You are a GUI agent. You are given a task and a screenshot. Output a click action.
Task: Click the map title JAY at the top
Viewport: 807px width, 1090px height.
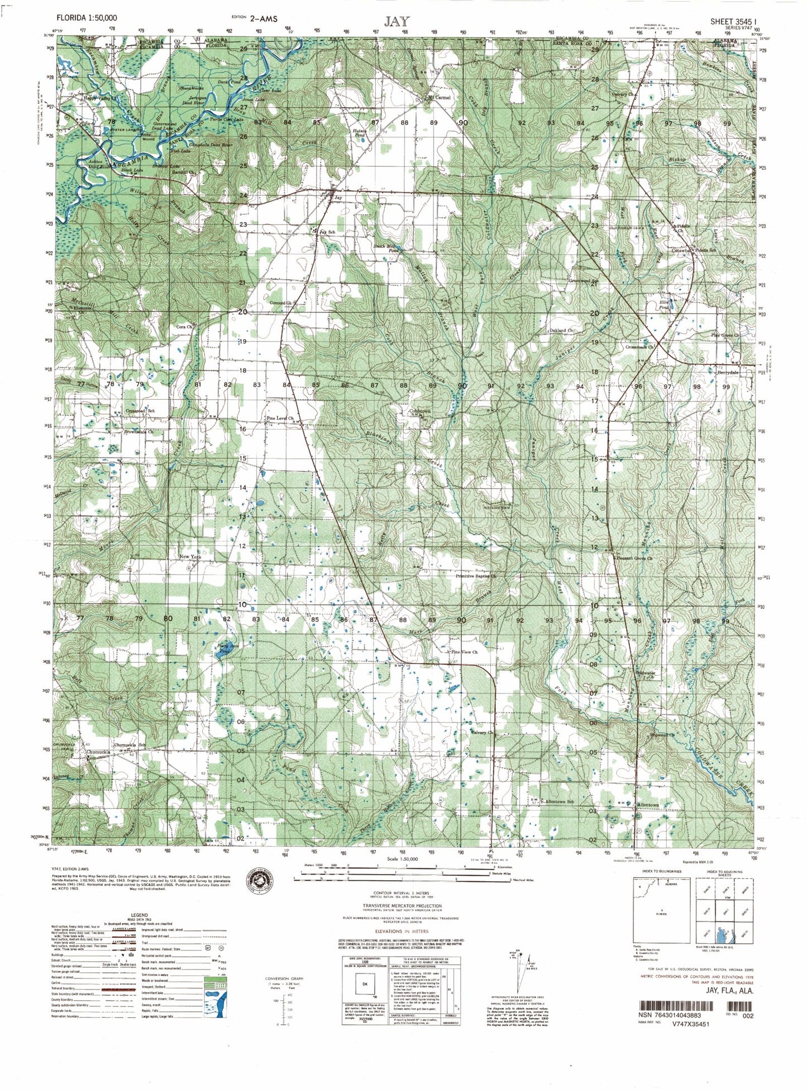point(397,21)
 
